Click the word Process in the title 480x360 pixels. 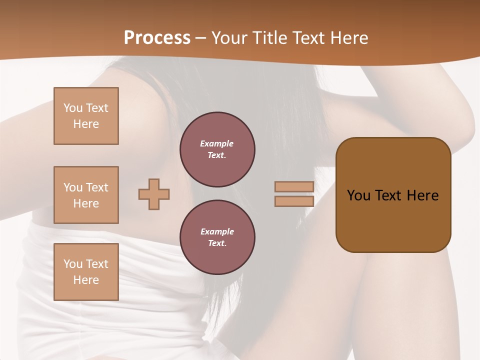pos(157,37)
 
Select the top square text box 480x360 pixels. pos(86,116)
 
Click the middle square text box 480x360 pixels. pos(86,195)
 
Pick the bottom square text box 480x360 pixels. pos(86,272)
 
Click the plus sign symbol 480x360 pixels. pos(154,194)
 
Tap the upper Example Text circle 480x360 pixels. pos(217,149)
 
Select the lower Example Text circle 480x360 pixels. pos(217,237)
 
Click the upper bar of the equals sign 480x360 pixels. pos(294,187)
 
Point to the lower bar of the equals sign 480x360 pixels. pos(294,201)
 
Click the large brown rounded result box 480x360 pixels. pos(393,195)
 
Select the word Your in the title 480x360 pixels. pos(228,37)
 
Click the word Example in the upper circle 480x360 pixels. pos(217,143)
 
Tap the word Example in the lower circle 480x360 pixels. pos(217,231)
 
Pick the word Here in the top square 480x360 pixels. pos(86,124)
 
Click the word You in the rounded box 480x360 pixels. pos(358,195)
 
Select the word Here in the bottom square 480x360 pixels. pos(86,280)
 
